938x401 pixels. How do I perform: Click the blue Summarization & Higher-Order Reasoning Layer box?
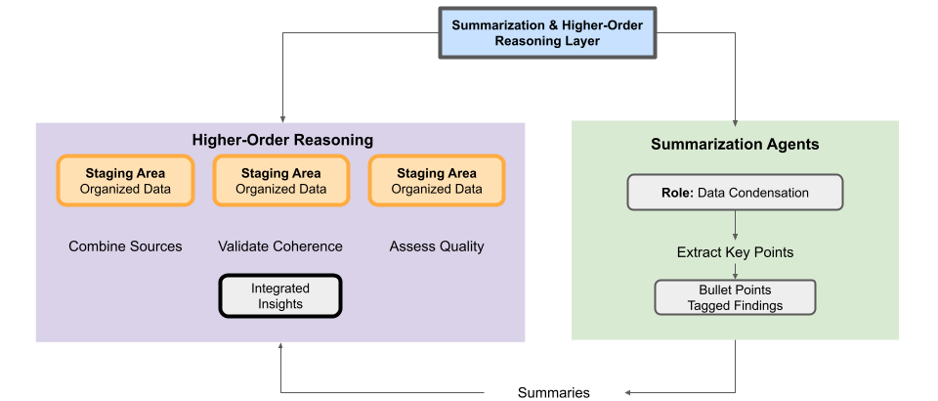pos(547,33)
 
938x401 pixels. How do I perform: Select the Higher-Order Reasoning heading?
pos(282,140)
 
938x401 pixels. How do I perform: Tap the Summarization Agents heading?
pos(735,144)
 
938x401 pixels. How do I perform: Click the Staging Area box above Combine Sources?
pos(126,181)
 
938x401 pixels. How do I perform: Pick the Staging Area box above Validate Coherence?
pos(281,181)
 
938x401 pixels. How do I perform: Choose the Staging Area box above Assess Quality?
pos(437,181)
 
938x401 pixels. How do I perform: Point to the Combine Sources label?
pos(126,246)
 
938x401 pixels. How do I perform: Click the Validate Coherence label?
pos(280,246)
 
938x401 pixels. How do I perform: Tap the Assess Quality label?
pos(437,246)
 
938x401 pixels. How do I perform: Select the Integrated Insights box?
pos(280,295)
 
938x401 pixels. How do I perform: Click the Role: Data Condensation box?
pos(735,193)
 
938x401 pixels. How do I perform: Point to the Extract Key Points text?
pos(735,252)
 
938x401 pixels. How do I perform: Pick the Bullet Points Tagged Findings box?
pos(735,297)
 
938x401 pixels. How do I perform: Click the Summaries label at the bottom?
pos(553,392)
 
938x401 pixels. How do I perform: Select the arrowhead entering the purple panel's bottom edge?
pos(280,346)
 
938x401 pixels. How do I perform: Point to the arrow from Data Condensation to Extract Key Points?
pos(735,226)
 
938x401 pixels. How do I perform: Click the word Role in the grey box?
pos(676,193)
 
